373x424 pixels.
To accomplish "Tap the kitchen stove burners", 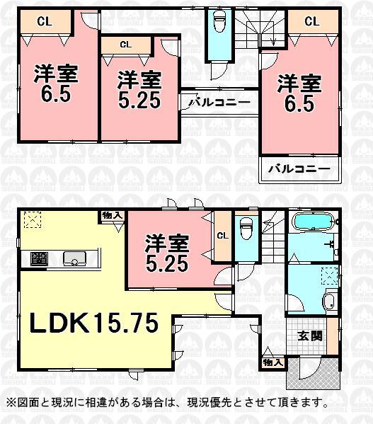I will click(x=39, y=259).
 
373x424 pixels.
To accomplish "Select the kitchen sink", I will click(x=74, y=259).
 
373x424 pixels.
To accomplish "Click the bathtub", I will click(x=314, y=222).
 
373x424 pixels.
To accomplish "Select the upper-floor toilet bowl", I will click(x=219, y=24).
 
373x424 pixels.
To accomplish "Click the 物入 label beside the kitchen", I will click(x=112, y=215).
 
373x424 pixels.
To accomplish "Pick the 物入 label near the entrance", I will click(x=273, y=362).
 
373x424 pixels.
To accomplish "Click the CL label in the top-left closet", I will click(x=43, y=21).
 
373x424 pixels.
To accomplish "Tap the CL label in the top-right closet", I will click(x=312, y=21).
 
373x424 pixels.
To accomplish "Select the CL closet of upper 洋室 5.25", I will click(x=125, y=45).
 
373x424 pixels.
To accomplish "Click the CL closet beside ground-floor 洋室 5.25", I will click(x=221, y=236).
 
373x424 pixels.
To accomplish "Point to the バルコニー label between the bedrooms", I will click(x=219, y=103).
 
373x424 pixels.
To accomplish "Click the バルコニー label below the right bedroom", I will click(x=300, y=170).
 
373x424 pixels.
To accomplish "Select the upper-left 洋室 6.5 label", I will click(x=53, y=84).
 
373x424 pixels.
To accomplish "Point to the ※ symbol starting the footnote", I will click(x=10, y=403).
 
